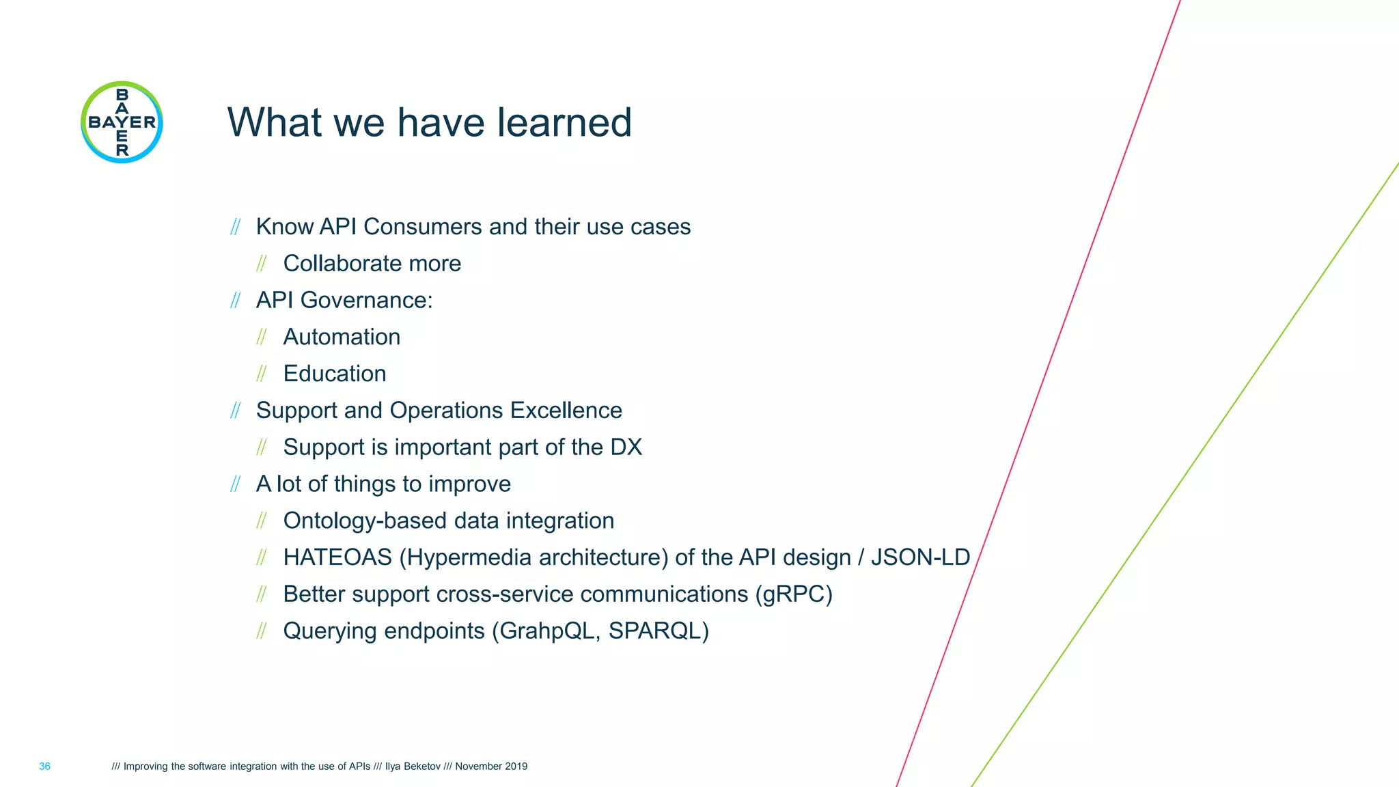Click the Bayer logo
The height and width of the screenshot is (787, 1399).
tap(122, 122)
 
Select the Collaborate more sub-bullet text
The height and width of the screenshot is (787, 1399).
tap(372, 264)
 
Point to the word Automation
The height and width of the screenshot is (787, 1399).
tap(342, 337)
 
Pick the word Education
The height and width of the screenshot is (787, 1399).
tap(335, 374)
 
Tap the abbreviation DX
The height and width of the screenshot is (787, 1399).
tap(626, 447)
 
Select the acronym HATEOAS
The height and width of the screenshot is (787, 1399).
tap(337, 557)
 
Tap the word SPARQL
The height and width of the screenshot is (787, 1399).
tap(655, 631)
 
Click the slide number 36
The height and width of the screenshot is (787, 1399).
tap(44, 767)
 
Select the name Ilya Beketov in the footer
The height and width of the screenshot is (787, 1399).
tap(413, 767)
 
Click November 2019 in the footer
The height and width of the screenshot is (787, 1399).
tap(491, 767)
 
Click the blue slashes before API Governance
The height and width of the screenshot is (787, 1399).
tap(236, 301)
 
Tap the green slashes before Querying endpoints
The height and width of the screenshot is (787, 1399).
tap(261, 631)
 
